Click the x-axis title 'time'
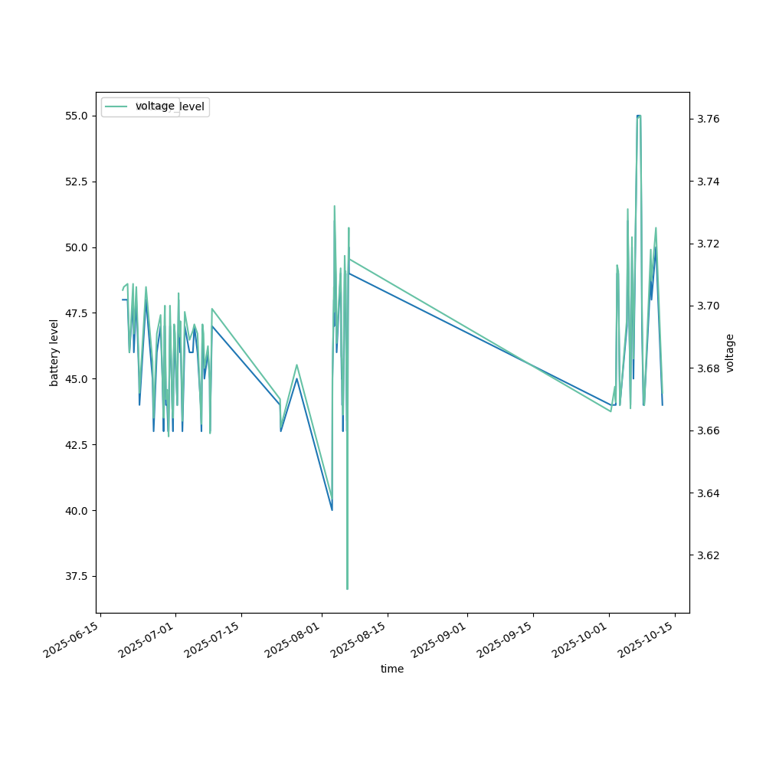click(x=392, y=669)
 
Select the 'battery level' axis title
click(x=54, y=352)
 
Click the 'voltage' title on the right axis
click(x=730, y=352)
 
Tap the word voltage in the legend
click(x=155, y=106)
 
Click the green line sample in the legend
click(x=118, y=106)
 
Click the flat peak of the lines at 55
click(x=639, y=116)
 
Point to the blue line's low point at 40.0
click(x=332, y=509)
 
